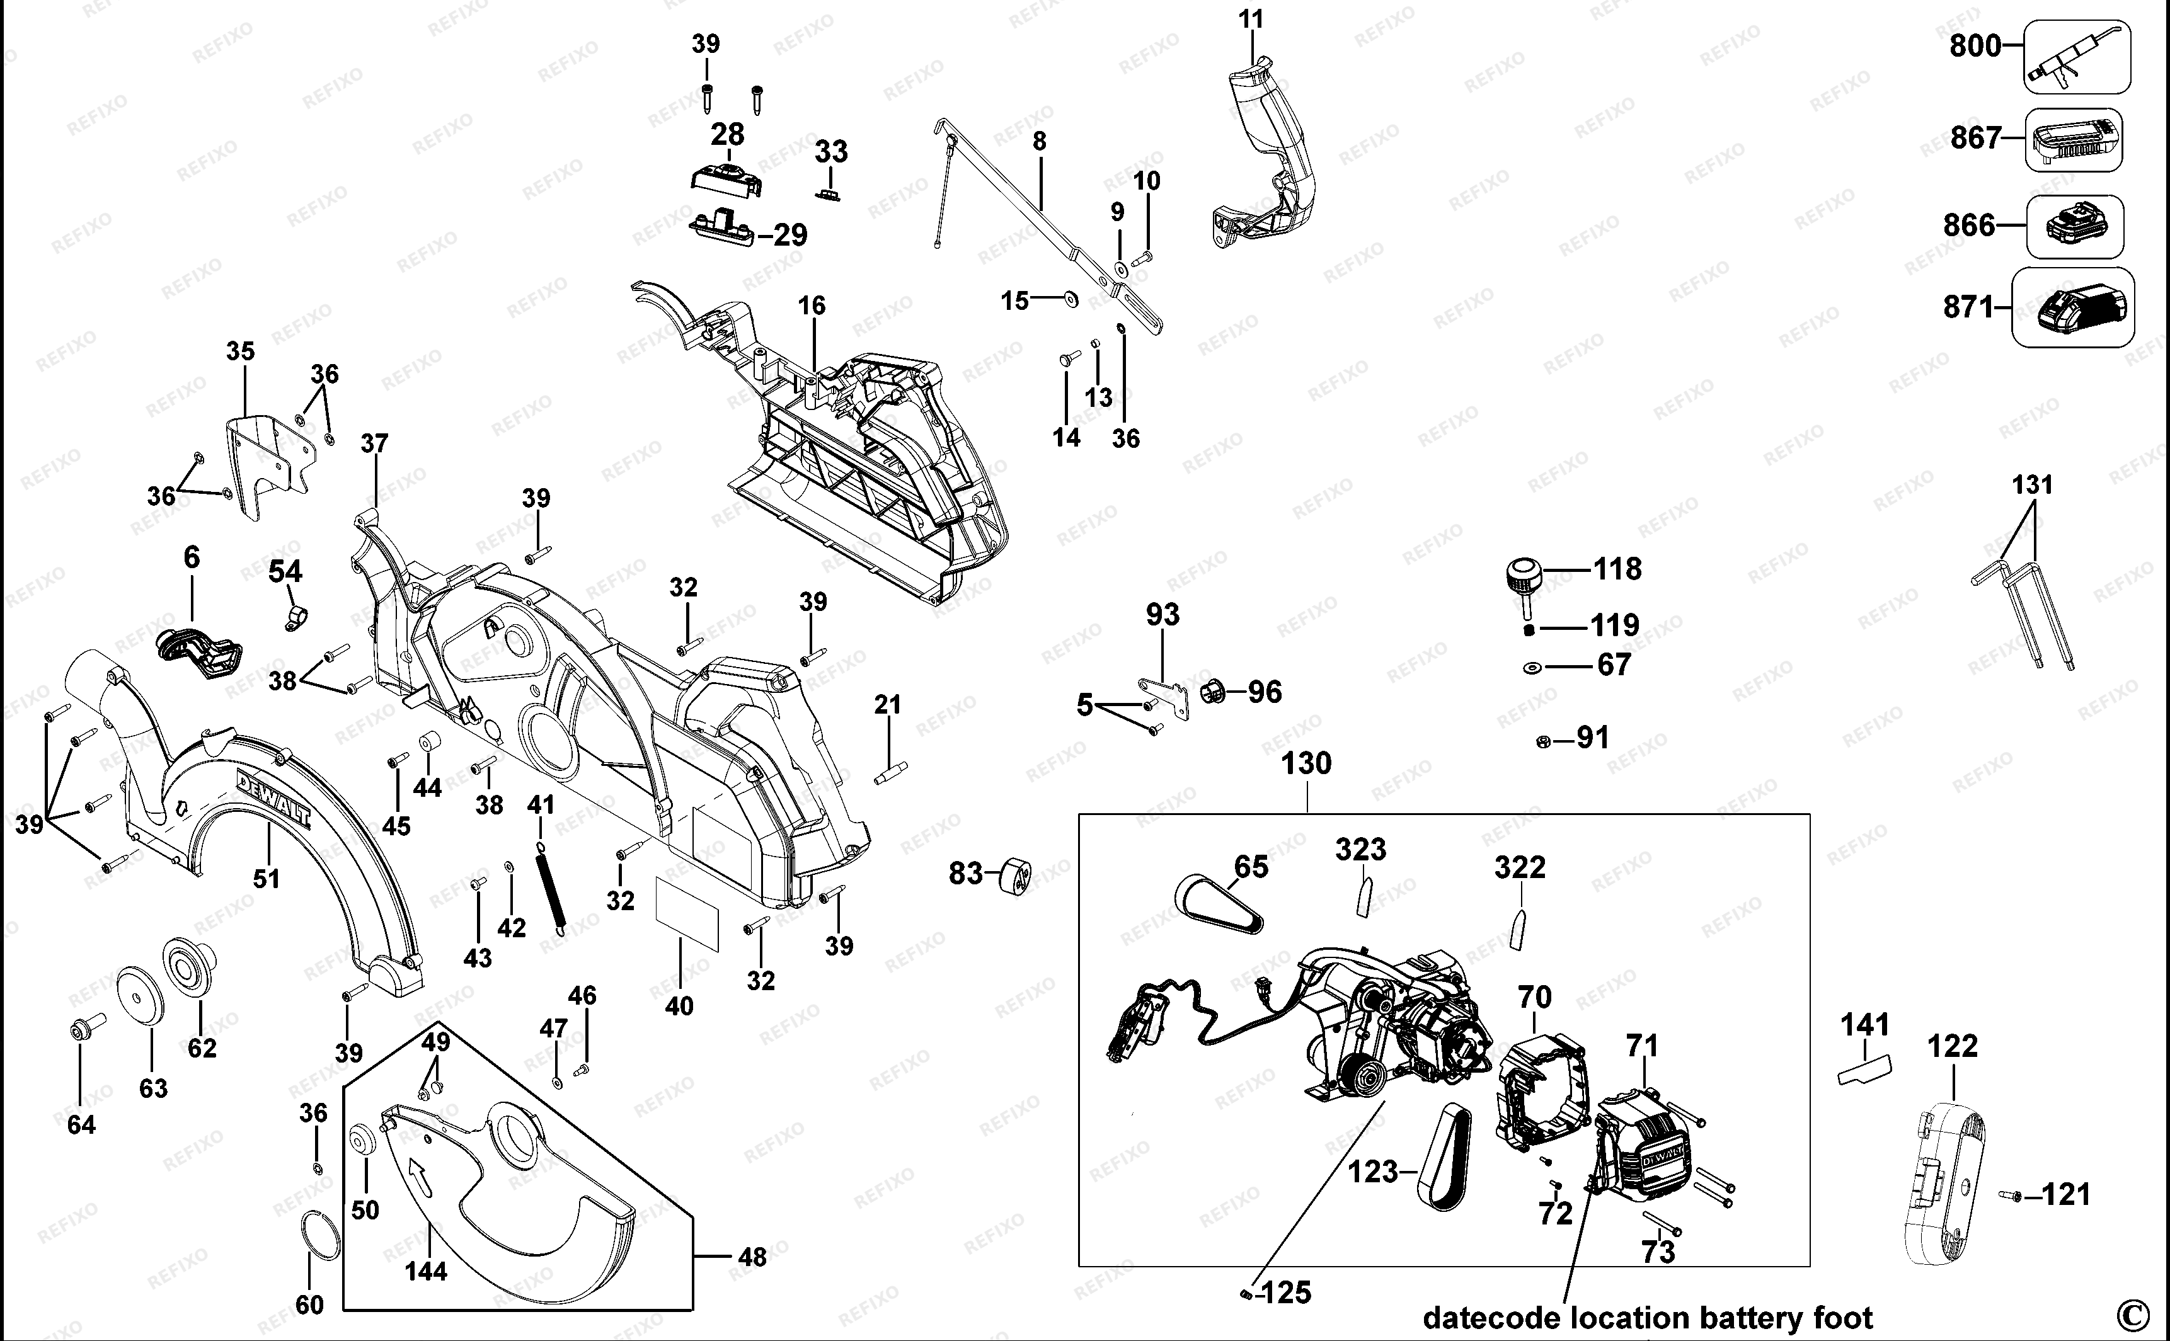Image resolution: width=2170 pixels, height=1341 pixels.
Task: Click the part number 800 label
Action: point(1975,45)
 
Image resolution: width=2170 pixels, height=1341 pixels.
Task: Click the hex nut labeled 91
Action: point(1543,739)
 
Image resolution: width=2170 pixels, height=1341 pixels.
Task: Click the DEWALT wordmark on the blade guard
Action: point(273,798)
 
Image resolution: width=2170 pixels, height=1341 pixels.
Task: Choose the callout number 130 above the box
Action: point(1307,763)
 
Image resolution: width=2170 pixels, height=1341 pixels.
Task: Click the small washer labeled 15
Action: point(1070,300)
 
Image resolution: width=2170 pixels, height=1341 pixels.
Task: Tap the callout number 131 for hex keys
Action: point(2033,485)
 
